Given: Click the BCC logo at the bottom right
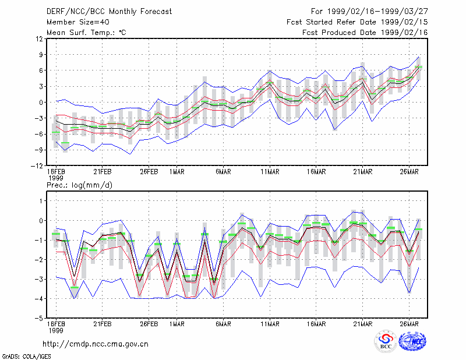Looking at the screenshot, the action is pos(386,341).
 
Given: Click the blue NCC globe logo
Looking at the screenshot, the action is pos(412,341).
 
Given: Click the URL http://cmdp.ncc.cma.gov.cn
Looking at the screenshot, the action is pos(96,344).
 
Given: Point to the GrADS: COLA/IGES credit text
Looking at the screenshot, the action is pos(27,357).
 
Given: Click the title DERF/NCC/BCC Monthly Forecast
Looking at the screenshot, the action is pos(109,12).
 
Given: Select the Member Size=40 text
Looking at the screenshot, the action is pos(78,22).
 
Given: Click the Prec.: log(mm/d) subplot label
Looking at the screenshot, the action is pos(79,185).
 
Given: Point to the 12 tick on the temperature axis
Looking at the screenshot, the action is pos(39,38).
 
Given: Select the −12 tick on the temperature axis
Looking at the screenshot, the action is pos(37,166).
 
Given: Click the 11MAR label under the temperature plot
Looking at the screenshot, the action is pos(270,172).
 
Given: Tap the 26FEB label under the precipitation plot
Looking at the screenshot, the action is pos(149,324).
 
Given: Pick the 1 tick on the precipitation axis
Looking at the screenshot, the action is pos(41,201).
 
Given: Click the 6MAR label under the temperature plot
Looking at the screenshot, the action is pos(223,172).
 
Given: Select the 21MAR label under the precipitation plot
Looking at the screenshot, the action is pos(362,324).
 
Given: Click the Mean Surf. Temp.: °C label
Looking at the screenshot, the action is pos(86,33).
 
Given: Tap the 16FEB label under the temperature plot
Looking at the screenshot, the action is pos(56,172).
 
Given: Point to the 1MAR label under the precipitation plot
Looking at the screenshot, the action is pos(177,324).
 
